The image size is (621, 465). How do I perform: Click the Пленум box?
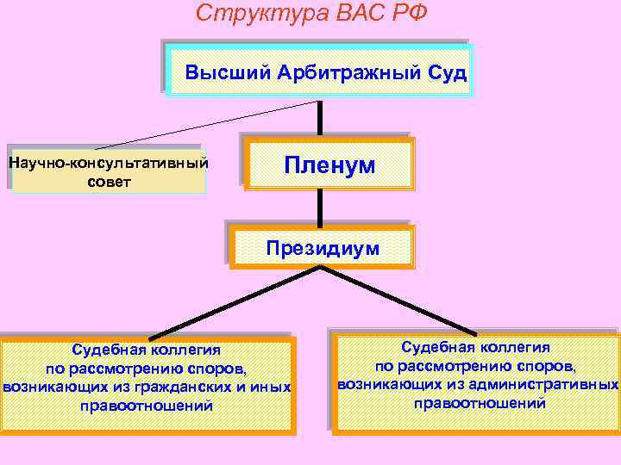[330, 164]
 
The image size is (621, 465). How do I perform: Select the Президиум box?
[323, 249]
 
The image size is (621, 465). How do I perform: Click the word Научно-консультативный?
[109, 161]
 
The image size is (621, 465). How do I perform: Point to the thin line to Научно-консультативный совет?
[207, 125]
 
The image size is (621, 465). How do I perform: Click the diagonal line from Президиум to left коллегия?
[233, 301]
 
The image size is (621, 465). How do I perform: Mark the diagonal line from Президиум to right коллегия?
[401, 301]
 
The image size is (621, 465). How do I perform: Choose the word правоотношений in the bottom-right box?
[480, 403]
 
